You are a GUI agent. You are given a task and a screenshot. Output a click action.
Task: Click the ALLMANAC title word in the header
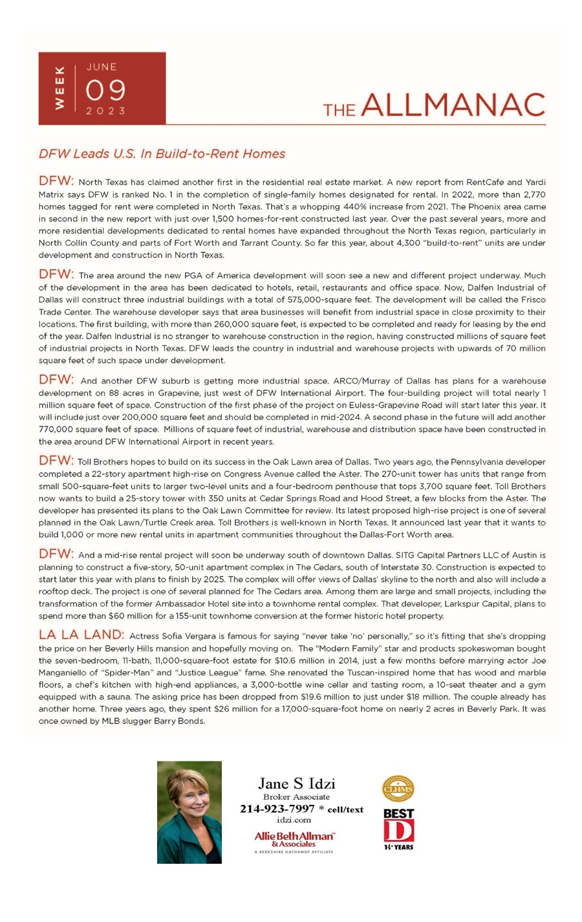(x=453, y=105)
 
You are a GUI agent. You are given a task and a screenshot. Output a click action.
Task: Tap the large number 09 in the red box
(x=105, y=90)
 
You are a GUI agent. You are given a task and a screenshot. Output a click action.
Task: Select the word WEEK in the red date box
(x=60, y=88)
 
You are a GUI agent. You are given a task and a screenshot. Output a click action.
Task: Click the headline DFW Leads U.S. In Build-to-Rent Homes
(x=162, y=154)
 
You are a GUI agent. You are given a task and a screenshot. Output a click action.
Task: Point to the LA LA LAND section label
(x=81, y=635)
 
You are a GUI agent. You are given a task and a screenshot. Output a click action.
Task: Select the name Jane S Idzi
(x=296, y=784)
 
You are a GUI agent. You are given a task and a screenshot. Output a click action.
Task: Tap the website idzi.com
(x=294, y=820)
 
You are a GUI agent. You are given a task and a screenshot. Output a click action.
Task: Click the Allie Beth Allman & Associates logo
(x=294, y=840)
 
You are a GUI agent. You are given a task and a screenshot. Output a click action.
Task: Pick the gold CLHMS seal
(x=398, y=789)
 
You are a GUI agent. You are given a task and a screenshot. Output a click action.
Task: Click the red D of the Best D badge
(x=398, y=831)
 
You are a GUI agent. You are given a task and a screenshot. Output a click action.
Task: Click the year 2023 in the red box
(x=105, y=111)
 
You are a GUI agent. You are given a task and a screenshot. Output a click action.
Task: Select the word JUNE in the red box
(x=102, y=67)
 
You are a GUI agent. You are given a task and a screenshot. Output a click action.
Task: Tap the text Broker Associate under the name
(x=296, y=797)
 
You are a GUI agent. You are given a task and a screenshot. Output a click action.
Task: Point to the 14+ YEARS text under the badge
(x=398, y=847)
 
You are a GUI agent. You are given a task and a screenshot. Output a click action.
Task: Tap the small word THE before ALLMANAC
(x=339, y=110)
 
